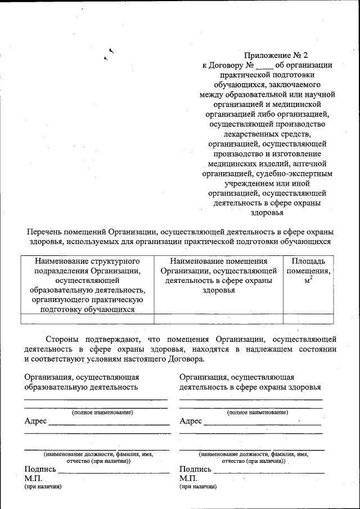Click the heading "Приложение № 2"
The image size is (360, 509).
[276, 55]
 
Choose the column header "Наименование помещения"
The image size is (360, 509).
[218, 261]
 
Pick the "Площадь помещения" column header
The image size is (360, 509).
[308, 261]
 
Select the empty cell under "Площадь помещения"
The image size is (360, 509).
[308, 319]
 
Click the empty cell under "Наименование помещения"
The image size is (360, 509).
[218, 319]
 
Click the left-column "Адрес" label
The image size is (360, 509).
[35, 421]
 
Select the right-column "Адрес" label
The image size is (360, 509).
[191, 421]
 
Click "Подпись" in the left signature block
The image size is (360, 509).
[40, 469]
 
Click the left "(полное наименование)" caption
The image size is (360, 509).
[102, 412]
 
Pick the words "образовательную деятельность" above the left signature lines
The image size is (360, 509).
[81, 388]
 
